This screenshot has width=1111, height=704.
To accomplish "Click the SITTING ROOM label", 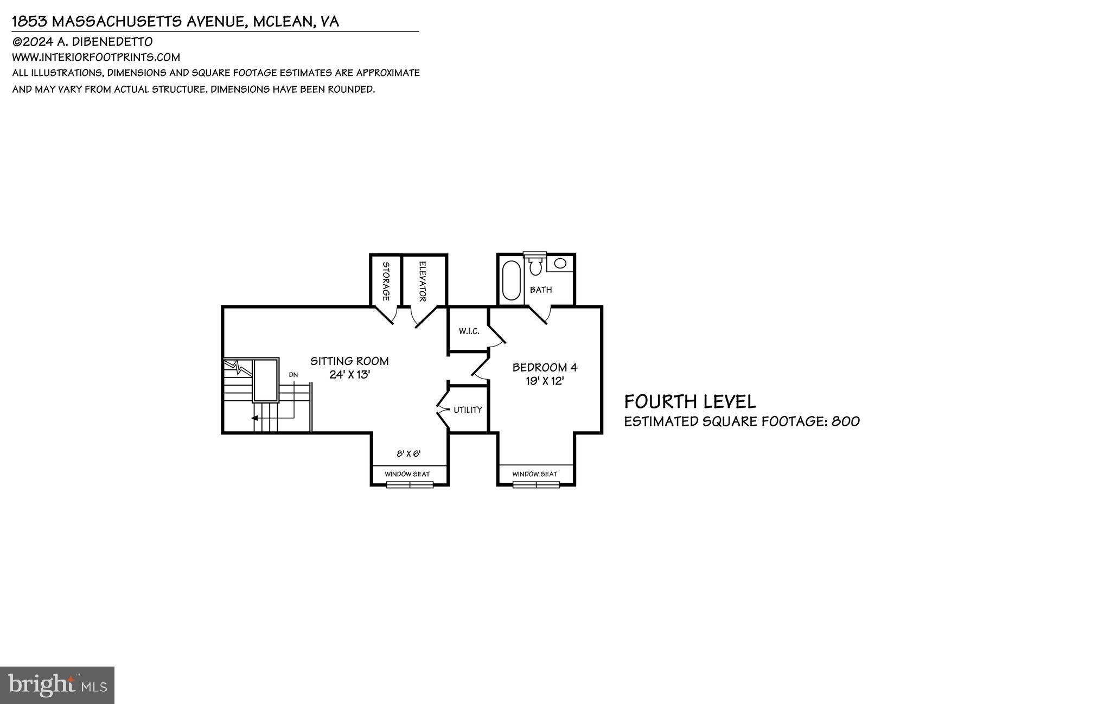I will (x=349, y=361).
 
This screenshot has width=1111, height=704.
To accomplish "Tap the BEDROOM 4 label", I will (x=545, y=367).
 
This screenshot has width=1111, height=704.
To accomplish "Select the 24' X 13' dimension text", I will (x=349, y=374).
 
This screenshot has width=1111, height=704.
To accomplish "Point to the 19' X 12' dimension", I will (x=545, y=381).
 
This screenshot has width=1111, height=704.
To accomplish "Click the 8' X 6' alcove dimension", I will (x=408, y=453).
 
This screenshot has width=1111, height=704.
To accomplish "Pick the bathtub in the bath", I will (x=511, y=280).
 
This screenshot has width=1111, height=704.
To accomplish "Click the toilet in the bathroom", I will (x=535, y=266).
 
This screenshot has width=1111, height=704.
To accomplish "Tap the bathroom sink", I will (x=560, y=263).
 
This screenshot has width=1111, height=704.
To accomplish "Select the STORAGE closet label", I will (x=386, y=281).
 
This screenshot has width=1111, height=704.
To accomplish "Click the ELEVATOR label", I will (x=423, y=281).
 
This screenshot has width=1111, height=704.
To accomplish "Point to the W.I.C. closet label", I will (x=469, y=331).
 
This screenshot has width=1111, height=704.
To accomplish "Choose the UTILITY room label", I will (x=468, y=409).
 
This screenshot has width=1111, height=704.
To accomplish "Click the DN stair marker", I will (x=293, y=375).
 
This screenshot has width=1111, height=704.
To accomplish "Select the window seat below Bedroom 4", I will (x=534, y=474).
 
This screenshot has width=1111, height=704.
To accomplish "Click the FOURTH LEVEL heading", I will (x=689, y=401).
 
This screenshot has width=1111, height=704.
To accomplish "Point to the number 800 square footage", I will (x=845, y=421).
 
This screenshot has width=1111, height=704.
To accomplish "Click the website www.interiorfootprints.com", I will (x=96, y=57).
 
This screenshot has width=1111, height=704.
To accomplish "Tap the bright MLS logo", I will (x=57, y=684).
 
